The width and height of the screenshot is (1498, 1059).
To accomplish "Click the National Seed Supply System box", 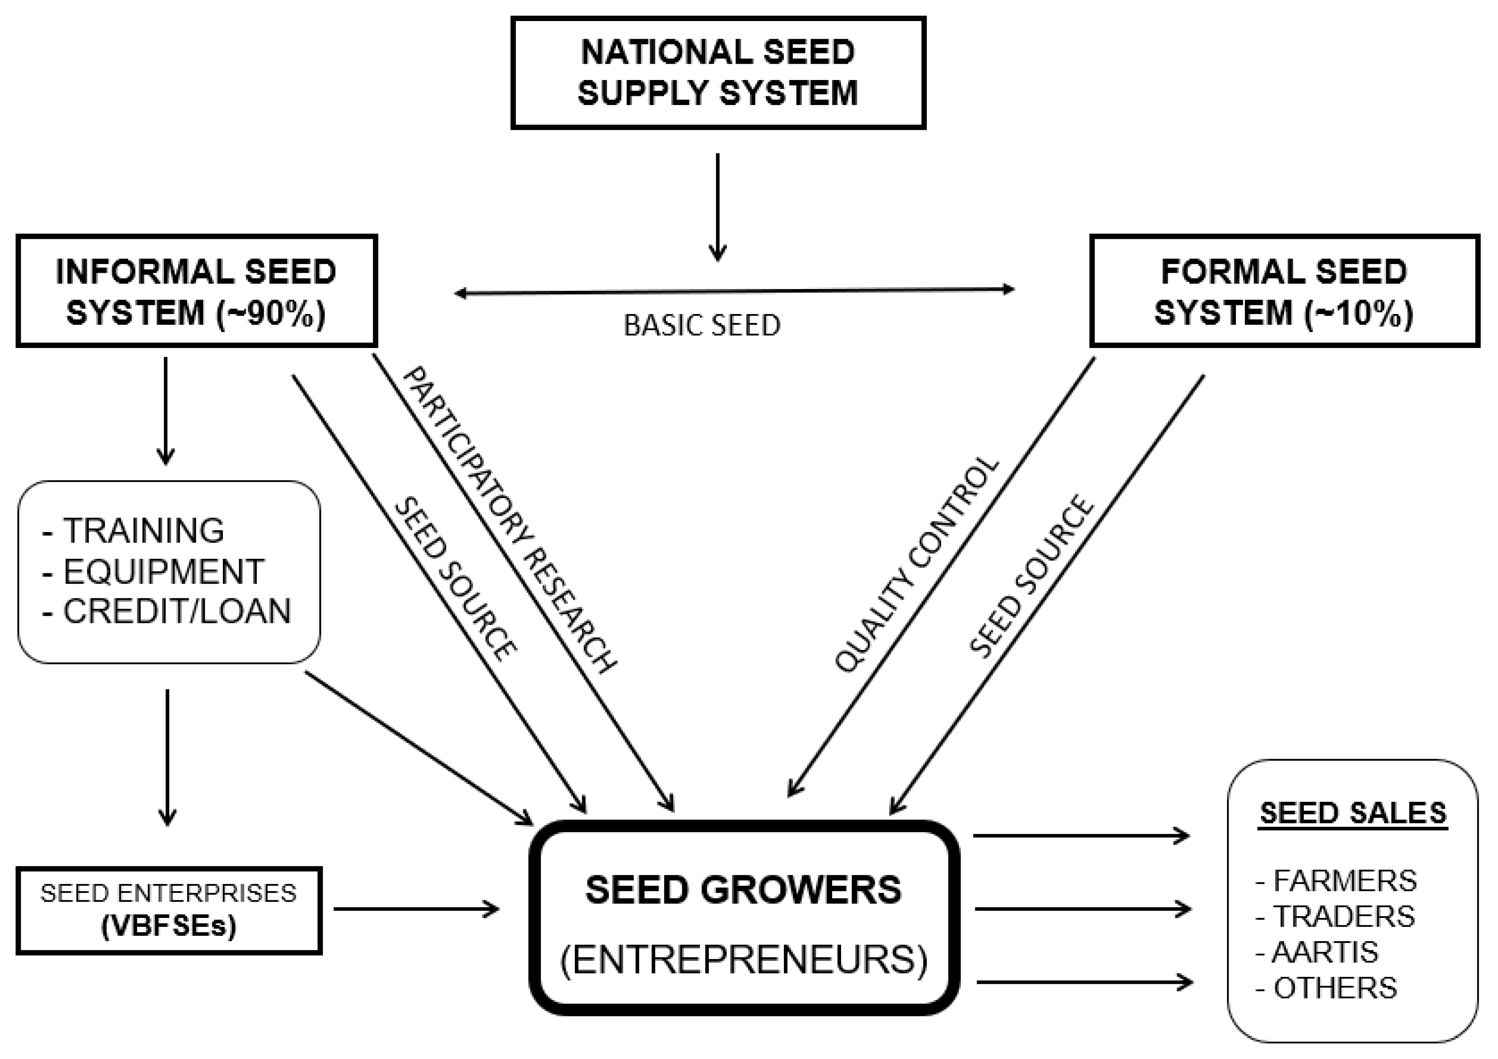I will point(718,72).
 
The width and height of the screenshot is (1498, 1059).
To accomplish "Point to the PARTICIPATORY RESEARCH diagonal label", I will point(509,519).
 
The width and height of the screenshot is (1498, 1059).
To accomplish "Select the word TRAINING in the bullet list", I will point(144,530).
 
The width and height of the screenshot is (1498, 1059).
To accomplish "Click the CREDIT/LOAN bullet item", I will point(176,611).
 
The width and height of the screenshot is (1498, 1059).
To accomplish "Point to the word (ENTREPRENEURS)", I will point(744,959).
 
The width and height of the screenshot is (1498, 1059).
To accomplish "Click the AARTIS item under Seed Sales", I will point(1325,952).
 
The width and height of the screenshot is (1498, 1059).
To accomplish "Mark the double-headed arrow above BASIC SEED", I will point(734,291).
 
